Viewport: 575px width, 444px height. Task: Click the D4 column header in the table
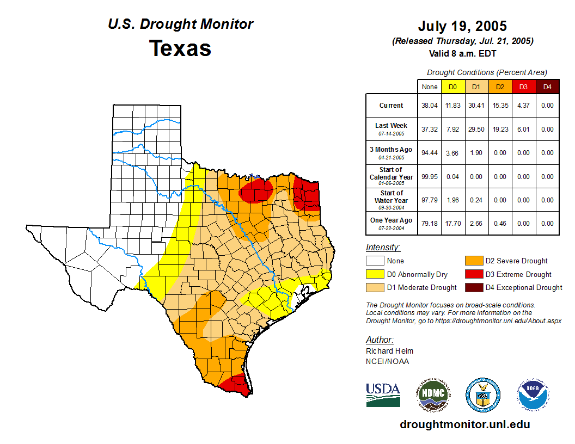(x=547, y=87)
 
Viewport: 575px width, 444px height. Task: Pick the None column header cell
(x=430, y=87)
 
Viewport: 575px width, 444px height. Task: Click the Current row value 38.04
(x=430, y=106)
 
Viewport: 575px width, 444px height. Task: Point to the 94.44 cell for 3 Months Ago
(x=430, y=153)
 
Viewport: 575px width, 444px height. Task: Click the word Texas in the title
(x=180, y=48)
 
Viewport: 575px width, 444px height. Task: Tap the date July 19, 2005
(x=462, y=26)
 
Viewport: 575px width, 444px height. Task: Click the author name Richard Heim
(x=389, y=351)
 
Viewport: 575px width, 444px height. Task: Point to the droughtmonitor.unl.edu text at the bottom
(x=464, y=424)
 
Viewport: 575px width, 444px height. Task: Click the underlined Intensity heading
(x=383, y=248)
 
